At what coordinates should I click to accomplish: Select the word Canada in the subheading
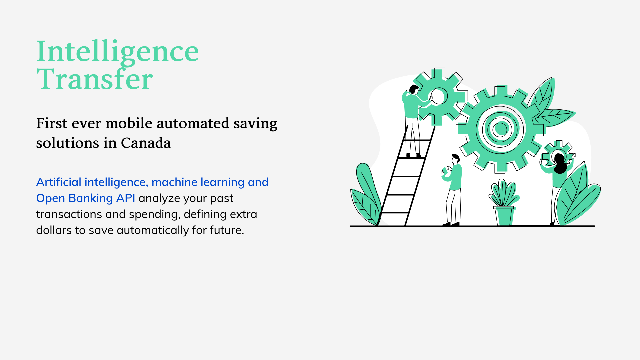[x=146, y=143]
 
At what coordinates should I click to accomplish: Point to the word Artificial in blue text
[x=59, y=182]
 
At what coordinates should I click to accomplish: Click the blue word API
[x=126, y=198]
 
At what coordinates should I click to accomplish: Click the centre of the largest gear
[x=500, y=129]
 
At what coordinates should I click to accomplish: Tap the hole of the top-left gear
[x=438, y=96]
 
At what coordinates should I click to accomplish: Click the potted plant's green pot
[x=504, y=216]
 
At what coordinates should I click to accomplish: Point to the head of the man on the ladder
[x=414, y=89]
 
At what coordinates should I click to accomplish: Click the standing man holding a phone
[x=453, y=190]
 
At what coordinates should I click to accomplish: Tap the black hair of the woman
[x=560, y=164]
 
